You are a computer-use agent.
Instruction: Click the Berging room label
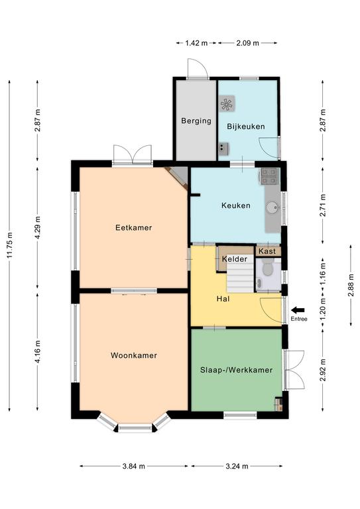point(196,121)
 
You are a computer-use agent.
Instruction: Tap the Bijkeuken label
point(246,127)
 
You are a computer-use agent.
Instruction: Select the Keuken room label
point(236,205)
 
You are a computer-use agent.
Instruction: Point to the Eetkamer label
point(134,227)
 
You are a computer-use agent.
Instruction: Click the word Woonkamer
point(134,355)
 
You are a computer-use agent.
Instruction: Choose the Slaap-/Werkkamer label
point(236,370)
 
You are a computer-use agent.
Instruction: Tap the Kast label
point(267,251)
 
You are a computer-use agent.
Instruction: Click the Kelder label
point(235,259)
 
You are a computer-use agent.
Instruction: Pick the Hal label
point(223,299)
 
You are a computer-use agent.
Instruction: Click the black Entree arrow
point(298,310)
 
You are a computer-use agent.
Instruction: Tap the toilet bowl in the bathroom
point(267,268)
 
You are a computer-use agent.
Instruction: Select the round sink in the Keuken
point(272,207)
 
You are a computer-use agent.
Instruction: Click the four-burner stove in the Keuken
point(269,176)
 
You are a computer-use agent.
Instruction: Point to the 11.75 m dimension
point(9,246)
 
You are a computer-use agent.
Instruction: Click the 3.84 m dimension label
point(134,466)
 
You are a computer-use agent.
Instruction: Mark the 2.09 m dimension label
point(247,43)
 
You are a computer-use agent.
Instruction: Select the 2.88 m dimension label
point(351,286)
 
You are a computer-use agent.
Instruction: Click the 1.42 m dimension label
point(196,43)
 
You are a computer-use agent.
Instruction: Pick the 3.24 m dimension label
point(237,466)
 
